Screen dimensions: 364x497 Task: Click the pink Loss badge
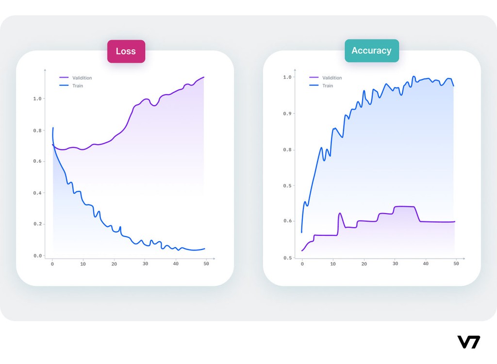click(x=126, y=51)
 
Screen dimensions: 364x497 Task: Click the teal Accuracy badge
click(x=371, y=50)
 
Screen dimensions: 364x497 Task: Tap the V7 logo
click(x=468, y=342)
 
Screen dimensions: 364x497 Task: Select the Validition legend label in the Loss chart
click(x=82, y=78)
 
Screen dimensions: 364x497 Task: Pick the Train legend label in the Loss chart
click(x=78, y=86)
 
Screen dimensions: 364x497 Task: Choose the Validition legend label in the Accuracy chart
click(x=332, y=78)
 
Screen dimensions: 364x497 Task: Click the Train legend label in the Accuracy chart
click(x=328, y=86)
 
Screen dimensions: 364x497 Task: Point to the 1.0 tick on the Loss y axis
click(x=37, y=99)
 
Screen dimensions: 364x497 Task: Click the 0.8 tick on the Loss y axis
click(x=37, y=131)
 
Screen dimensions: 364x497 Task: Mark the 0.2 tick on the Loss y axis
click(x=37, y=224)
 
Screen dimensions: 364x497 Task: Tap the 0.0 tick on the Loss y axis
click(x=37, y=256)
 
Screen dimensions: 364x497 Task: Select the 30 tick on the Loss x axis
click(x=145, y=264)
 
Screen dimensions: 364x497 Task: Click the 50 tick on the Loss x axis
click(x=206, y=264)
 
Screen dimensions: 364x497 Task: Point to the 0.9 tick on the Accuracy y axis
click(x=287, y=114)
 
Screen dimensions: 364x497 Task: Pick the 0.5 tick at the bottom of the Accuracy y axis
click(x=287, y=258)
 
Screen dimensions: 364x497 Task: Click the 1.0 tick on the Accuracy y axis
click(x=287, y=77)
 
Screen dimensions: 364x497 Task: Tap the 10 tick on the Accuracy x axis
click(x=332, y=264)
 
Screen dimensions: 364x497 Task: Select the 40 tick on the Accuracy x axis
click(x=426, y=264)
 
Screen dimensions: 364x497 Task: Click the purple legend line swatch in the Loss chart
click(x=64, y=78)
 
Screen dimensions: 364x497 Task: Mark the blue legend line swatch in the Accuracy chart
click(x=314, y=86)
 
